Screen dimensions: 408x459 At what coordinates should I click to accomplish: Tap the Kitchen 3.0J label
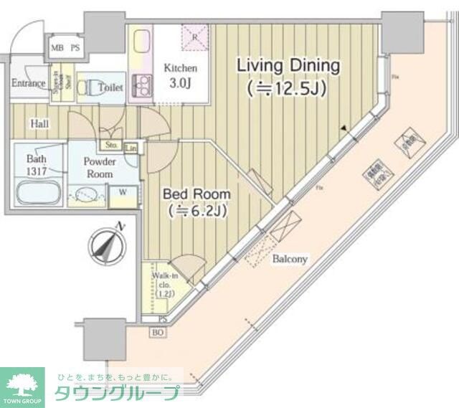click(x=180, y=75)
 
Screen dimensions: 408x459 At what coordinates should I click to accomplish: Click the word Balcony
click(x=290, y=258)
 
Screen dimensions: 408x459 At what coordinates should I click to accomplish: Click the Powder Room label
click(x=100, y=168)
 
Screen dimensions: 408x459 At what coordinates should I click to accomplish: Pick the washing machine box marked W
click(x=123, y=191)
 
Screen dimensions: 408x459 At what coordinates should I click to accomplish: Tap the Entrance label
click(x=29, y=82)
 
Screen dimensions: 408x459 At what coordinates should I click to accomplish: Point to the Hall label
click(x=39, y=124)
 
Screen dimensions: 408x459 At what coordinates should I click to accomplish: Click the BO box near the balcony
click(x=156, y=332)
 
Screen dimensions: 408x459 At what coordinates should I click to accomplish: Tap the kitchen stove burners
click(x=141, y=85)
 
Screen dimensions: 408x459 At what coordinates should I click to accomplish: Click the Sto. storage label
click(x=112, y=145)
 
